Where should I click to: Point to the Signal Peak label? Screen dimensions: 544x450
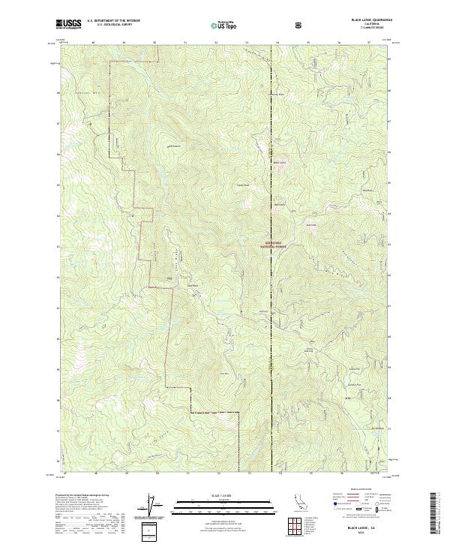[x=242, y=184]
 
